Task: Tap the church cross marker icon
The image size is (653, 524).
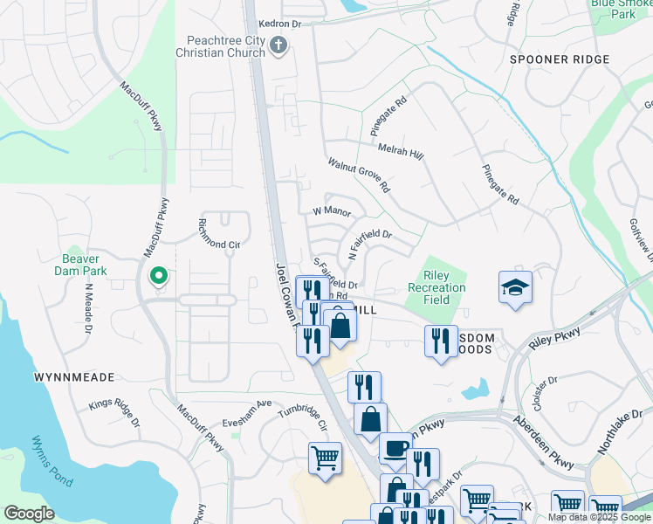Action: click(x=278, y=46)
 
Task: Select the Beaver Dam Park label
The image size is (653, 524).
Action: click(x=86, y=265)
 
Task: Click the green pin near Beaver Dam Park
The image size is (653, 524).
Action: click(x=158, y=276)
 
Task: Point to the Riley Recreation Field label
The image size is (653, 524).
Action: click(x=436, y=287)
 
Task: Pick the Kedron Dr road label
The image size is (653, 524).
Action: click(x=278, y=25)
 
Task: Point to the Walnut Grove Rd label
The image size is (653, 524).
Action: click(x=359, y=176)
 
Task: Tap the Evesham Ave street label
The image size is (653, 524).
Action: click(x=247, y=407)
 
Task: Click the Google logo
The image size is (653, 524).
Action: click(x=30, y=513)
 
